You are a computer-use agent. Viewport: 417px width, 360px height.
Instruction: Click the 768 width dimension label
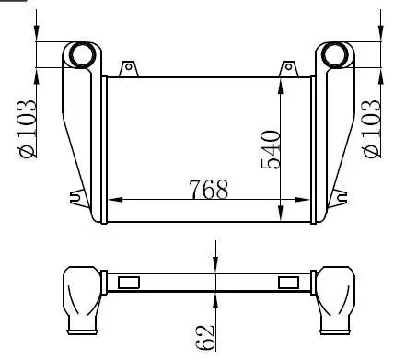pyautogui.click(x=209, y=189)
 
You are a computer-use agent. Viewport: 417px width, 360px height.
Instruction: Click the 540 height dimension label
pyautogui.click(x=271, y=150)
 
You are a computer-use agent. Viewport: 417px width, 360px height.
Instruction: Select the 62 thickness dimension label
pyautogui.click(x=205, y=337)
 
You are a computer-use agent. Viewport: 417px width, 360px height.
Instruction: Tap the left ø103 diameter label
pyautogui.click(x=27, y=129)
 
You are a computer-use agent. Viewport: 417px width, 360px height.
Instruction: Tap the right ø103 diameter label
pyautogui.click(x=371, y=129)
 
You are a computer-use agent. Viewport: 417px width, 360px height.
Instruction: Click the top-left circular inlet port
pyautogui.click(x=82, y=54)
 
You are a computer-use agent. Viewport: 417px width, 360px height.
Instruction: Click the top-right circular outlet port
pyautogui.click(x=335, y=54)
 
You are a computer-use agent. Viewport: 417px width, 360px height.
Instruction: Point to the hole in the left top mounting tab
pyautogui.click(x=129, y=66)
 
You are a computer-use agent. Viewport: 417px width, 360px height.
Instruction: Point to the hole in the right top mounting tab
pyautogui.click(x=289, y=66)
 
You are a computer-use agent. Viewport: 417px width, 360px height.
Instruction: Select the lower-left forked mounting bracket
pyautogui.click(x=78, y=198)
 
